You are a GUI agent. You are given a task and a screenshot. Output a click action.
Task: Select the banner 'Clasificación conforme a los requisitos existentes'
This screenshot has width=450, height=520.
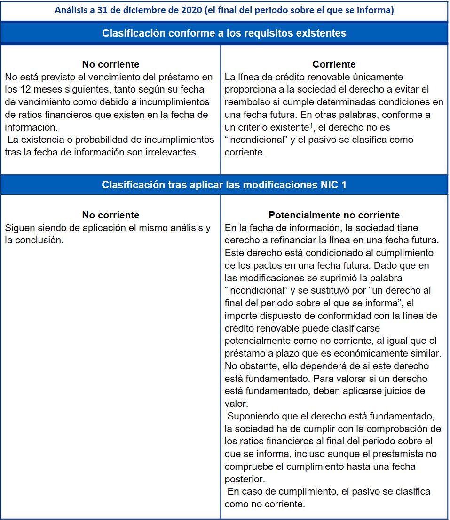pyautogui.click(x=224, y=33)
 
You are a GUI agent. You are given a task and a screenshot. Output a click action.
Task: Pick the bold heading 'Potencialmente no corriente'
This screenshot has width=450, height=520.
pyautogui.click(x=334, y=215)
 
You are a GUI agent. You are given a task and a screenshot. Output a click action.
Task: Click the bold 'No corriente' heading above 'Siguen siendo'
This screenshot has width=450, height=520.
pyautogui.click(x=111, y=215)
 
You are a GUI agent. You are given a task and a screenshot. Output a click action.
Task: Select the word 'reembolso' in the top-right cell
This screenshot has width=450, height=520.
pyautogui.click(x=245, y=102)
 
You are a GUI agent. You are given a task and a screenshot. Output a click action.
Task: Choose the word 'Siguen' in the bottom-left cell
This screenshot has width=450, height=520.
pyautogui.click(x=19, y=228)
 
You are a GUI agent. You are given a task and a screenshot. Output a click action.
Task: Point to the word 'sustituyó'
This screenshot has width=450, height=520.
pyautogui.click(x=317, y=290)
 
